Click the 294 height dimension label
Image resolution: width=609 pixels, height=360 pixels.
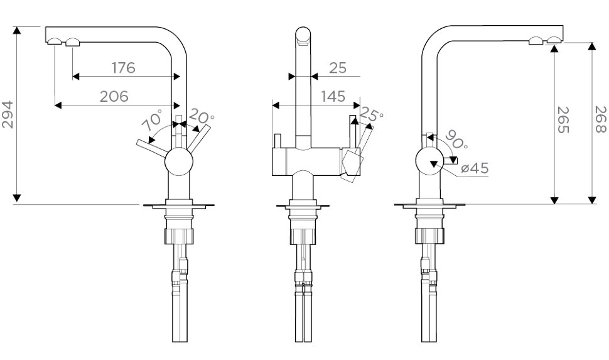click(8, 114)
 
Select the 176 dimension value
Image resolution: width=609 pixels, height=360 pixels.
click(124, 67)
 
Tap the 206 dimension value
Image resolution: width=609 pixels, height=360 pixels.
click(114, 96)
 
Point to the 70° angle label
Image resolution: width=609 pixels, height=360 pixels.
click(152, 121)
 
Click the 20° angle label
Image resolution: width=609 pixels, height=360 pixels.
click(203, 117)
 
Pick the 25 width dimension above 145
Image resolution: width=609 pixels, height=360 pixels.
click(337, 67)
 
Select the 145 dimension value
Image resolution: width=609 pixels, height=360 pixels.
click(332, 96)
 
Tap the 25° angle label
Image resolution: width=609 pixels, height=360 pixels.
click(372, 116)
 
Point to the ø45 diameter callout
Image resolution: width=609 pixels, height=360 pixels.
click(475, 168)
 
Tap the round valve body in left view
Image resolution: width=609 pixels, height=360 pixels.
click(179, 163)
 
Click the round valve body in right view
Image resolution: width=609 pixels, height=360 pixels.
click(430, 163)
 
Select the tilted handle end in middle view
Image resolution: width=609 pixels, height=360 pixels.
click(352, 165)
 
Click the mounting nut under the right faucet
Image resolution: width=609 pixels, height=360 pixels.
click(430, 237)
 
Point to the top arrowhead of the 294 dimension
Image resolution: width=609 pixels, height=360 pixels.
click(18, 30)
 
